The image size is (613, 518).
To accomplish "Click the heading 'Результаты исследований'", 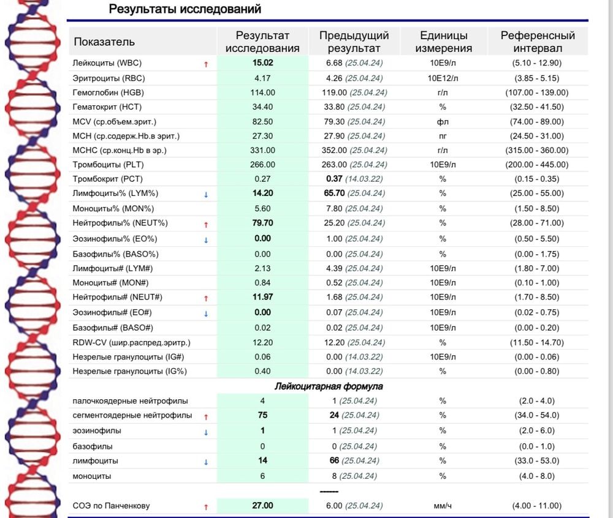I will click(x=185, y=9).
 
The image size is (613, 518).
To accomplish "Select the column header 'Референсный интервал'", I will click(x=538, y=42).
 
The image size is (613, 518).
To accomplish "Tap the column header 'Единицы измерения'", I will click(x=443, y=42).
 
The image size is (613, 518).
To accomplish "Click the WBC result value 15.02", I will click(x=262, y=62).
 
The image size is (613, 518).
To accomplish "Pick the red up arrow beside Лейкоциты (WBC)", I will click(x=206, y=64).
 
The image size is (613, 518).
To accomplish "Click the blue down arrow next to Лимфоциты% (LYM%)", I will click(x=206, y=195).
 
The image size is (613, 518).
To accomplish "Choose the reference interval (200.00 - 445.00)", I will click(x=538, y=165).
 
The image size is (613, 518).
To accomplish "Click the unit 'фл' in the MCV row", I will click(x=443, y=122).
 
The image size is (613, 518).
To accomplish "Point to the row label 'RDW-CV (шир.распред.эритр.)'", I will click(x=131, y=342).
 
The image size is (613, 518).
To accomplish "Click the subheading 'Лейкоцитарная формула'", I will click(x=329, y=386).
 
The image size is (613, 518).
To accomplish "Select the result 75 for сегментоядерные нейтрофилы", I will click(x=262, y=415).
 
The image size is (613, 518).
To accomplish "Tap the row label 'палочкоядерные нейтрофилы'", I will click(x=130, y=401).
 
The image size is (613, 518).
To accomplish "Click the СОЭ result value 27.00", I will click(x=262, y=506).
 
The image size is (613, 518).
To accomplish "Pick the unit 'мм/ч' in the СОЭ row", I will click(x=443, y=506).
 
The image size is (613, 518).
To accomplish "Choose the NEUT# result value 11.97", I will click(x=262, y=297).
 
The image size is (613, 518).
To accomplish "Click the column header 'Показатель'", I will click(x=104, y=42).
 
